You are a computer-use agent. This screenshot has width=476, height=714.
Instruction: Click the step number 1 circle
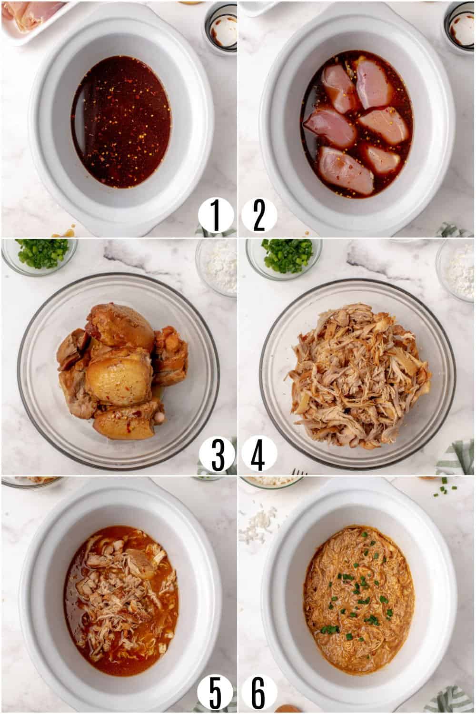coord(216,216)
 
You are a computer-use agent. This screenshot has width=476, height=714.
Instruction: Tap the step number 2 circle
coord(259,216)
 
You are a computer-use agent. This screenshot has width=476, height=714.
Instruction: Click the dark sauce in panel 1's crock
coord(121,122)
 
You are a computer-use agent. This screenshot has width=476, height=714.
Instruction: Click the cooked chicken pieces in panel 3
coord(123,371)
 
